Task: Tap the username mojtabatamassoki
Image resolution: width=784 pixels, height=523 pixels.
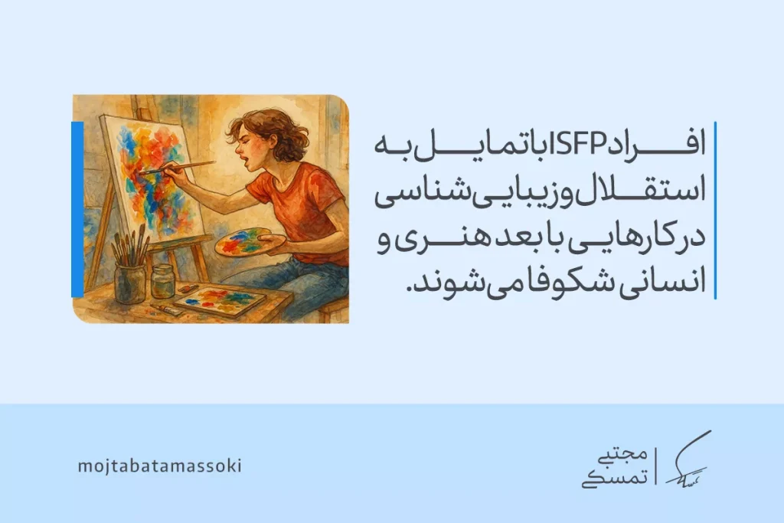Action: tap(159, 466)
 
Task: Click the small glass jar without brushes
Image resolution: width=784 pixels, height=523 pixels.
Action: tap(162, 280)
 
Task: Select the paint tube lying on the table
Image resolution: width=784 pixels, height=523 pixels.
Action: tap(165, 309)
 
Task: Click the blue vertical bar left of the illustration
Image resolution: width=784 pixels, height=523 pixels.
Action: tap(77, 208)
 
